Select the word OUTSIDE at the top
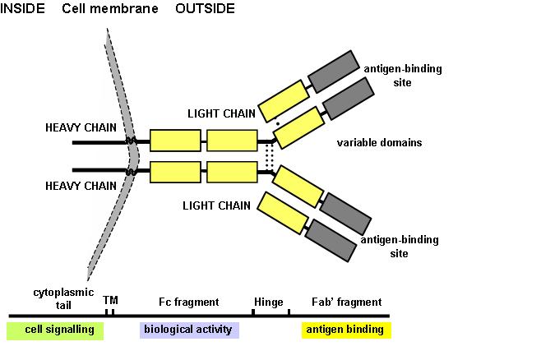click(205, 9)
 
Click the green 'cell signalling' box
click(54, 330)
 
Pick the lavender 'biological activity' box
click(188, 330)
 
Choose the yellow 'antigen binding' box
click(344, 330)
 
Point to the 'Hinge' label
click(269, 302)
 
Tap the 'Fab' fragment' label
click(338, 302)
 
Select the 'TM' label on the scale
click(110, 302)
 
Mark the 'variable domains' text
click(379, 143)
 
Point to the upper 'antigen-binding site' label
click(402, 76)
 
